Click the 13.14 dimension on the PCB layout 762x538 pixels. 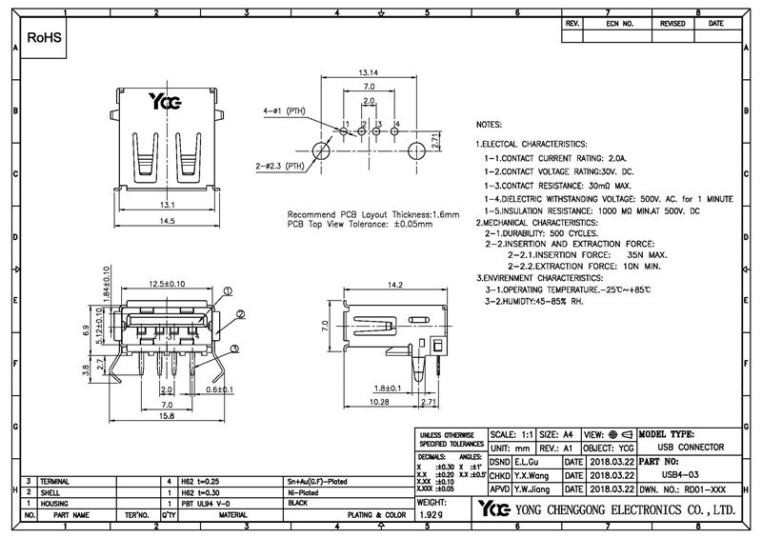369,71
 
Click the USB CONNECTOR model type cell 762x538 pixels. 692,446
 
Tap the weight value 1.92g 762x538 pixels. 431,514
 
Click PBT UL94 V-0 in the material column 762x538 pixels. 208,502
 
